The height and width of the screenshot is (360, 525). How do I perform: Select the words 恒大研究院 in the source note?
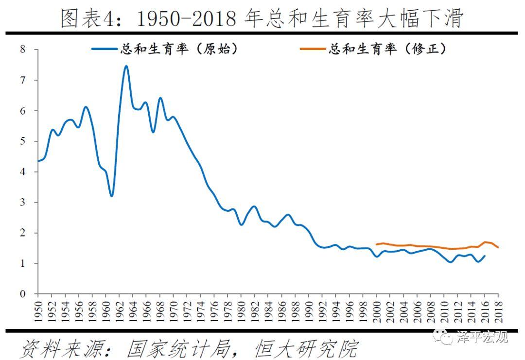coord(306,348)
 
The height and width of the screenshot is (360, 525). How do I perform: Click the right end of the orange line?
coord(498,248)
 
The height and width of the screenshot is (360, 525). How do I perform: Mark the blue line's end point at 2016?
coord(485,256)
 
